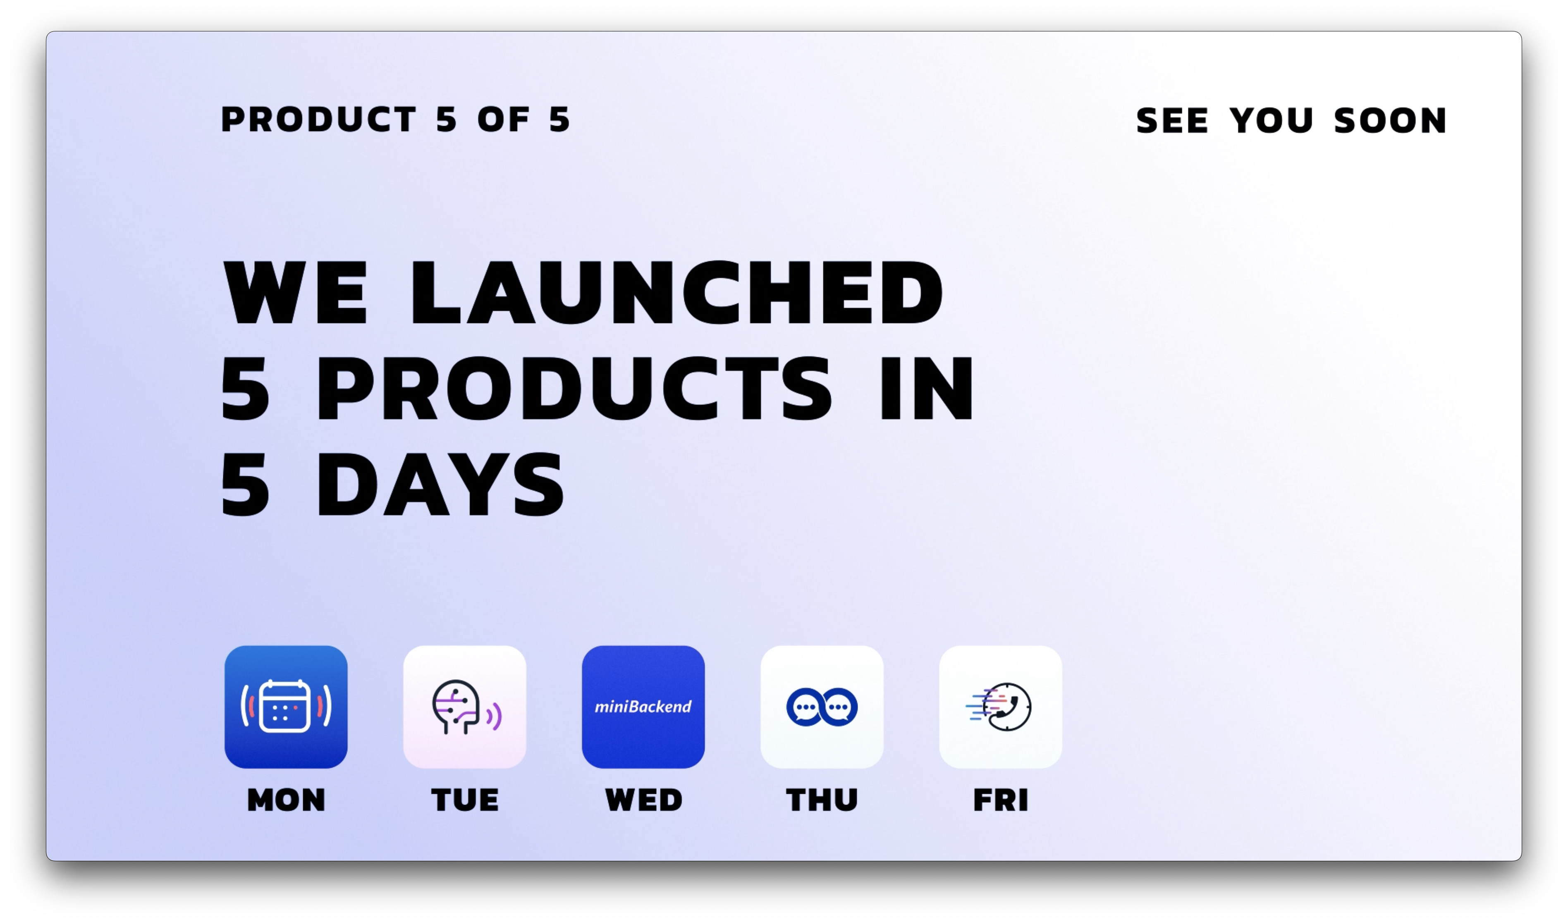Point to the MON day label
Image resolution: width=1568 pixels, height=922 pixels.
point(286,800)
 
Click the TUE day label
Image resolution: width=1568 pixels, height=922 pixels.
point(465,800)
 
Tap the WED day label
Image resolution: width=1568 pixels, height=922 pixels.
point(643,800)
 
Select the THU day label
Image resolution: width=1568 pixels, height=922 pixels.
point(822,800)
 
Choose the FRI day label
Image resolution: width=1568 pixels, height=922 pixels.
point(1001,800)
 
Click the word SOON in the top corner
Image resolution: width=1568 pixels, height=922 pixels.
point(1391,121)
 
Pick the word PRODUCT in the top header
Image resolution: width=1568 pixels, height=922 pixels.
point(318,119)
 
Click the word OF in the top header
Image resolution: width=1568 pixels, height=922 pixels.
point(503,119)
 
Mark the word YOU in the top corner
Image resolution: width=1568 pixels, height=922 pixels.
point(1271,121)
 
